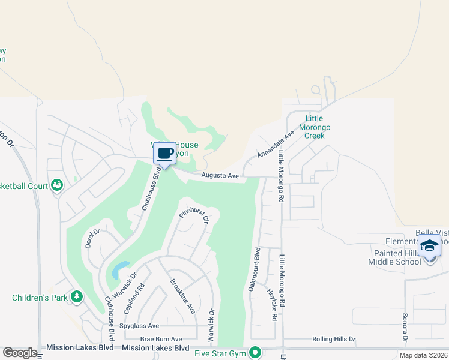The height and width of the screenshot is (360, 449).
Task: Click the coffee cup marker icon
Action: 165,153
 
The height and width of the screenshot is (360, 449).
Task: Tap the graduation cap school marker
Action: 429,246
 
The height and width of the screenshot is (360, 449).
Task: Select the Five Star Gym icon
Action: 255,352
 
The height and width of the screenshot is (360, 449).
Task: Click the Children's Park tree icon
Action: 76,296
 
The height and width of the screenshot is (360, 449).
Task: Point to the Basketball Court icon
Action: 58,185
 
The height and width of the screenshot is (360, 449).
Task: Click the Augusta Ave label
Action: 220,176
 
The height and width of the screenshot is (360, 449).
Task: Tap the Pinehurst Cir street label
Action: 194,217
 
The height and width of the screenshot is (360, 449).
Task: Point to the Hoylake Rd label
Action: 273,305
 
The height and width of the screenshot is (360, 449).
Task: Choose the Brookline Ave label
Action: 182,296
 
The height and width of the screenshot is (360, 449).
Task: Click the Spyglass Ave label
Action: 139,326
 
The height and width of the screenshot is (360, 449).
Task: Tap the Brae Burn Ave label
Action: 161,339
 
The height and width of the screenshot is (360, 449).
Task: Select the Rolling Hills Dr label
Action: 334,339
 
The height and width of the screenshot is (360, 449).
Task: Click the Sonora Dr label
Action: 405,329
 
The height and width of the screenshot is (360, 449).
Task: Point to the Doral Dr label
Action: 92,238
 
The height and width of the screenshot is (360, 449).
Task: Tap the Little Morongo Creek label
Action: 318,127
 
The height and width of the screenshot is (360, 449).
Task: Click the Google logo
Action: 20,352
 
